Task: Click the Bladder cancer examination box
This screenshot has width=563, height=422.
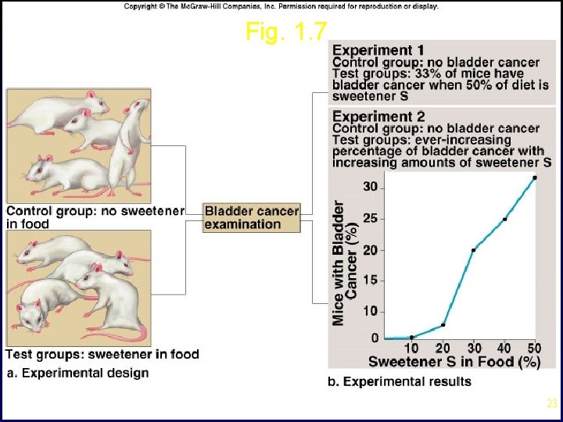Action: coord(252,217)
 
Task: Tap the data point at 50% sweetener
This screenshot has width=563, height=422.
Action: coord(535,177)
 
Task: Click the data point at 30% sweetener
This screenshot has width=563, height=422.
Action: coord(474,250)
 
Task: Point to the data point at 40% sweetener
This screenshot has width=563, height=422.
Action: coord(504,219)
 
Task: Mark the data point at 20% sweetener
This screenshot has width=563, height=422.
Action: coord(443,325)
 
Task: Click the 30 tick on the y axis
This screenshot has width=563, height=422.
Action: coord(370,187)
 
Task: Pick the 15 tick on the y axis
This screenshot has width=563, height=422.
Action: coord(370,280)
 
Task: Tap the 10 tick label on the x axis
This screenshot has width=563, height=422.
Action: coord(411,348)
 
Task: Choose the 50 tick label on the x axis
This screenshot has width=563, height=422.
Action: coord(534,348)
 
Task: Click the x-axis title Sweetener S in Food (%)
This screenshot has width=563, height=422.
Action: coord(454,362)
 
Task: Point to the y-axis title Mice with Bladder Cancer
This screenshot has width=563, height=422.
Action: coord(344,262)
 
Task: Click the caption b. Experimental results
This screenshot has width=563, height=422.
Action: coord(399,381)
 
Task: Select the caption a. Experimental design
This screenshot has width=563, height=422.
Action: coord(77,373)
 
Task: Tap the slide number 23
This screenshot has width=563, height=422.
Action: coord(551,404)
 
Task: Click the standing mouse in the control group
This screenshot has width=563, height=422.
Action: coord(128,148)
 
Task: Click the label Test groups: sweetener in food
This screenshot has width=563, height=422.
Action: coord(102,355)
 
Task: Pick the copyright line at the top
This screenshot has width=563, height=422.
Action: coord(281,6)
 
